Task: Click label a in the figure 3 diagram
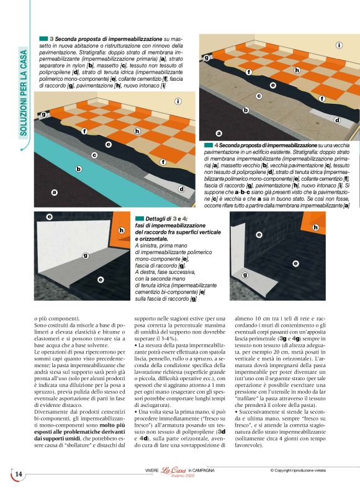click(x=54, y=193)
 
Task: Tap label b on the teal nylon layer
click(x=78, y=168)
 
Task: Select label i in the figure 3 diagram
click(x=178, y=101)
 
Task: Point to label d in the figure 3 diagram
click(x=181, y=188)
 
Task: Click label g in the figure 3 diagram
click(x=43, y=115)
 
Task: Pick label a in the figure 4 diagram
click(x=218, y=133)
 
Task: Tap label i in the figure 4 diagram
click(x=339, y=45)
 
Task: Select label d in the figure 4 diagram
click(x=337, y=120)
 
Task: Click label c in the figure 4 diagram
click(x=259, y=96)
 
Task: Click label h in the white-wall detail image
click(x=121, y=230)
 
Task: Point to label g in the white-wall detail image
click(x=85, y=255)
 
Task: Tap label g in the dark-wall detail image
click(x=245, y=274)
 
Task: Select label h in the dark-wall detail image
click(x=316, y=228)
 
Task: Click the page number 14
click(x=18, y=474)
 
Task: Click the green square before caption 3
click(x=44, y=39)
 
